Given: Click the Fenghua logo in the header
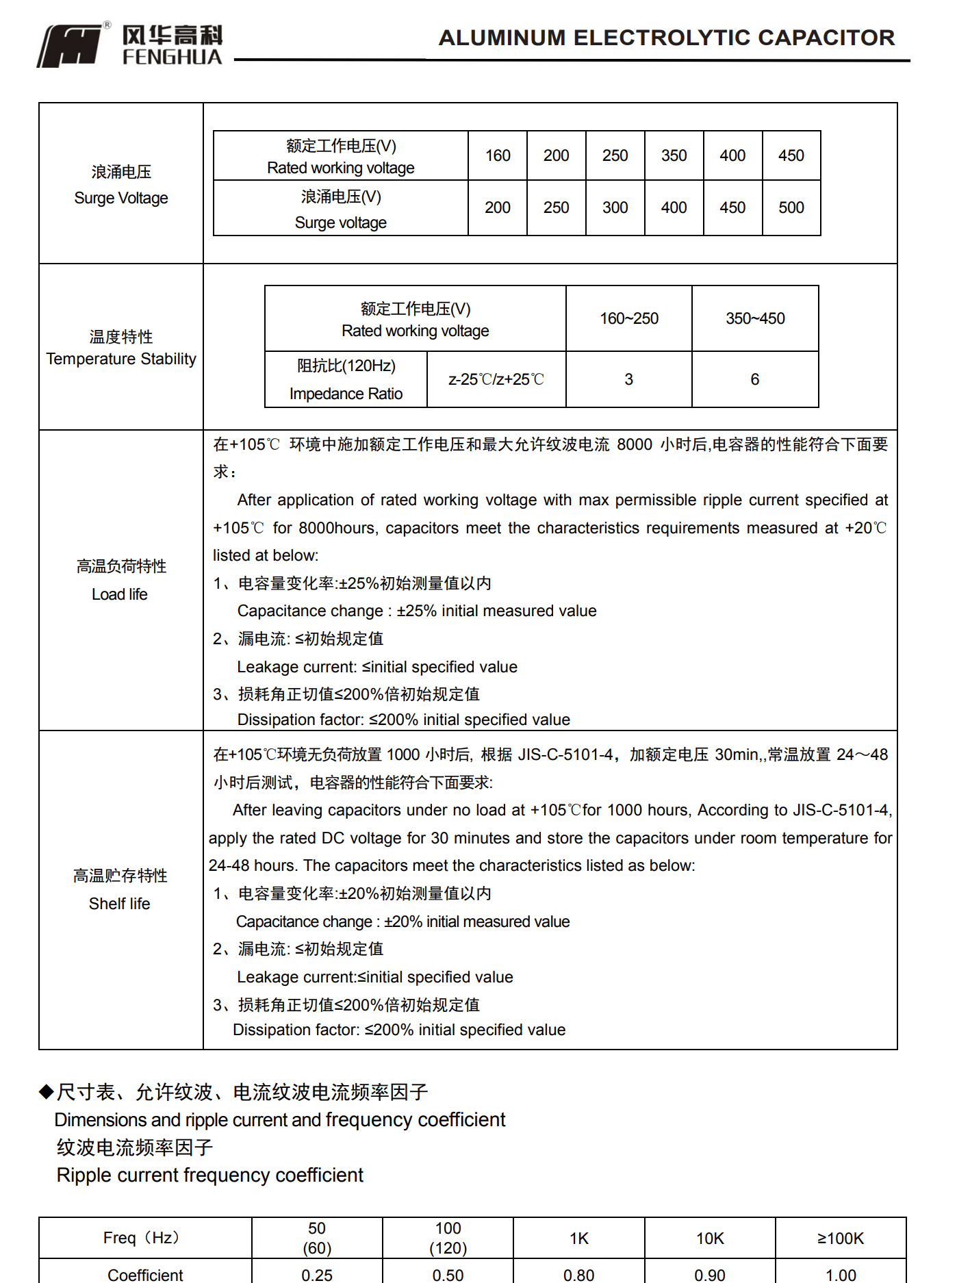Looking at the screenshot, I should pos(130,45).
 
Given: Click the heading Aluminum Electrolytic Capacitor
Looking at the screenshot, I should pos(666,38).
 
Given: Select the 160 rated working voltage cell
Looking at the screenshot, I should pos(498,156).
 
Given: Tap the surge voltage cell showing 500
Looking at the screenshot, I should pos(791,208).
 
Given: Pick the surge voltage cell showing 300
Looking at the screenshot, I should pos(615,208).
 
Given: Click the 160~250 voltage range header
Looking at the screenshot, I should pos(628,318).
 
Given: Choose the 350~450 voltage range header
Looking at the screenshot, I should pos(755,318).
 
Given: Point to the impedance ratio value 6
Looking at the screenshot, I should pos(754,379).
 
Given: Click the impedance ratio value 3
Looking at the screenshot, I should pos(628,379).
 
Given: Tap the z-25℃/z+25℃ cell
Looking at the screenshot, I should pos(496,379).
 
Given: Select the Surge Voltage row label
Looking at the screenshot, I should pos(121,185).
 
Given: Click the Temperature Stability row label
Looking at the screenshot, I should pos(121,348).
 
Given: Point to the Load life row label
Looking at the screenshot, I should pos(120,580).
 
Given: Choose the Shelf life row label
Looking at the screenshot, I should pos(120,889).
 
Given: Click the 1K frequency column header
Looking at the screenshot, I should pos(578,1238).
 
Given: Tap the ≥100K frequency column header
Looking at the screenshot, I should pos(840,1238).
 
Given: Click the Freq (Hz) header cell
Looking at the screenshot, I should pos(144,1238).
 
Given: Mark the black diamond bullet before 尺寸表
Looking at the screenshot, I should pos(46,1091).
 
